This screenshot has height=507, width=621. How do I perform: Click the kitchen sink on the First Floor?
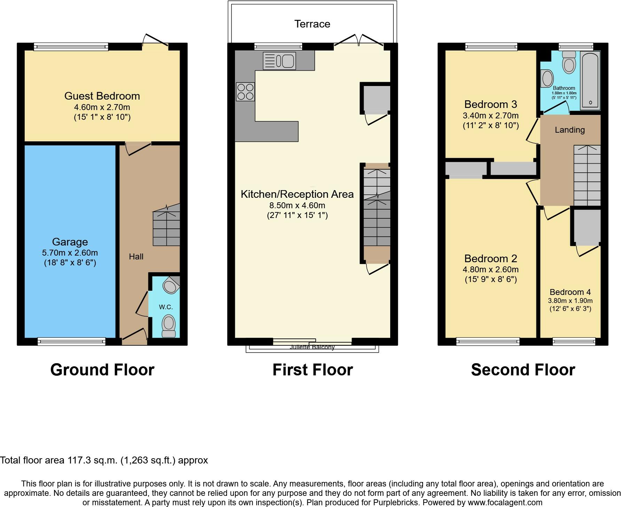pos(279,61)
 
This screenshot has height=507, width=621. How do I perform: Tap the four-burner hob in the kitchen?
pos(245,92)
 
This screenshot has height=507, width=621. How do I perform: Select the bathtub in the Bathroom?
pos(590,80)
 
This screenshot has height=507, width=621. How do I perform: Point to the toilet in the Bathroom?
pos(569,62)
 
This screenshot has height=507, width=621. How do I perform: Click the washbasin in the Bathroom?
pos(547,78)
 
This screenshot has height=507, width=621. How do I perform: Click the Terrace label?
pos(312,24)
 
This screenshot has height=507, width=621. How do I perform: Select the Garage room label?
pos(70,242)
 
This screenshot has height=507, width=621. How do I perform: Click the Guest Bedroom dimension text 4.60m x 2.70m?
pos(102,107)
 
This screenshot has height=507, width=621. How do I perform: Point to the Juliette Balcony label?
pos(312,347)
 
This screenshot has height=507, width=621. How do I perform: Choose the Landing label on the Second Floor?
pos(570,130)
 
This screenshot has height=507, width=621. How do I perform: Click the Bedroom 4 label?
pos(570,292)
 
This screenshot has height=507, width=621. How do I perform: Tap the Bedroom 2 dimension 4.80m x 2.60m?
pos(490,270)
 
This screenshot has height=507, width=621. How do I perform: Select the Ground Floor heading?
pos(102,370)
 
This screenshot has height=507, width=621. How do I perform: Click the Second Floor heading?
pos(523,370)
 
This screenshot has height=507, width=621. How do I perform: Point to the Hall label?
pos(136,257)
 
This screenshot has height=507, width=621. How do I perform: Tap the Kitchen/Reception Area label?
pos(297,194)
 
